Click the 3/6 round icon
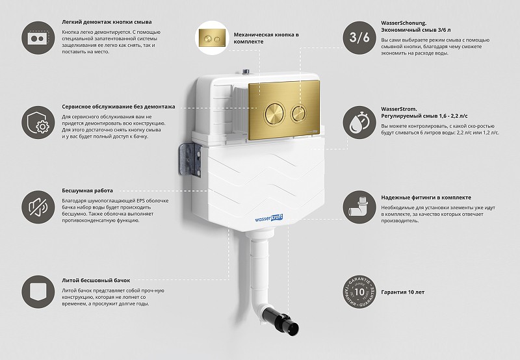coord(359,38)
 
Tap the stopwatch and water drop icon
coord(359,122)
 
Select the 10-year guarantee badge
coord(359,292)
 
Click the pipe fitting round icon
coord(359,207)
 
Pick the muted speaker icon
coord(38,207)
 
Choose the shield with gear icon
coord(38,122)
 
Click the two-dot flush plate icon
coord(38,38)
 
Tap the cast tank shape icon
coord(38,292)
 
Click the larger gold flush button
coord(274,113)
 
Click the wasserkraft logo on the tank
coord(268,218)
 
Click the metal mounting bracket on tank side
coord(190,159)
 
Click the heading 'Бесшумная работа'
coord(88,190)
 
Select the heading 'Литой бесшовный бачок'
coord(96,281)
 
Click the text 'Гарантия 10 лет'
coord(402,292)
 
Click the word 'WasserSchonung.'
coord(404,23)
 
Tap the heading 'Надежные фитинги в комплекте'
coord(426,198)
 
